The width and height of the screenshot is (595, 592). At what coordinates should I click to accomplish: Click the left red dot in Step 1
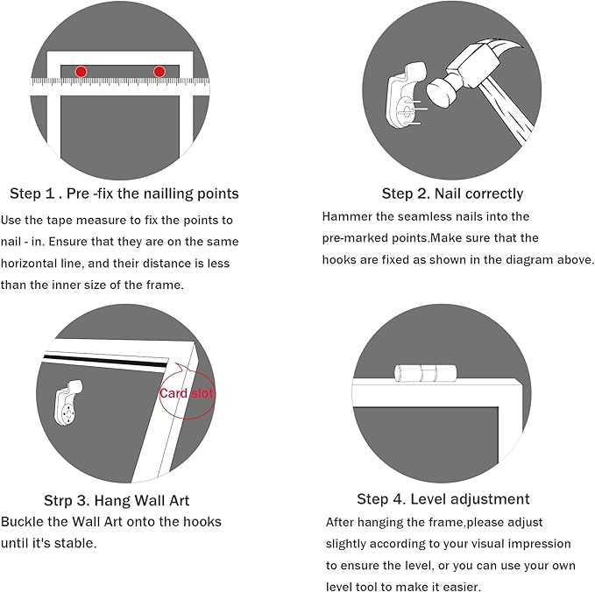pyautogui.click(x=81, y=71)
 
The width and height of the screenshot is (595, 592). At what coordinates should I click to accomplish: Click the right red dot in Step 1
pyautogui.click(x=159, y=71)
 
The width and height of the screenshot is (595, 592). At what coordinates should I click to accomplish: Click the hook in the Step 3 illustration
pyautogui.click(x=68, y=403)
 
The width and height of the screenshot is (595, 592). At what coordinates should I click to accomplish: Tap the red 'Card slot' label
pyautogui.click(x=187, y=393)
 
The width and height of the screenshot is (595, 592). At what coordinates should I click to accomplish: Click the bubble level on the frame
pyautogui.click(x=425, y=373)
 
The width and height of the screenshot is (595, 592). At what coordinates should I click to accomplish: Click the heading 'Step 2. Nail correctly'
pyautogui.click(x=452, y=194)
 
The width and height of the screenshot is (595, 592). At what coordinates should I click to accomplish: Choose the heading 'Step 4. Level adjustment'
pyautogui.click(x=443, y=499)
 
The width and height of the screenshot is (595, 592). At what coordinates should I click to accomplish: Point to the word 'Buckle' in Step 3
pyautogui.click(x=22, y=522)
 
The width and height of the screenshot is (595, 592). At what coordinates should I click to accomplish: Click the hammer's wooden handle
pyautogui.click(x=506, y=115)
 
